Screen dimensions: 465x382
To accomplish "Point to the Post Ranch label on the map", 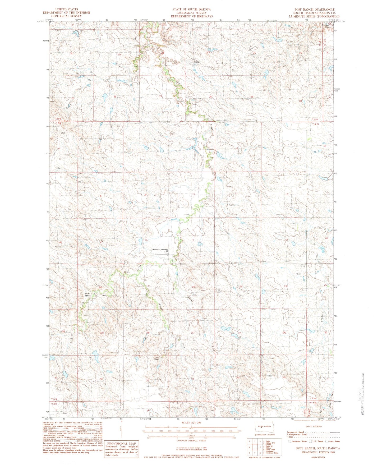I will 157,359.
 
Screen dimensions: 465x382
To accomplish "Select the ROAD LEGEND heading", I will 314,426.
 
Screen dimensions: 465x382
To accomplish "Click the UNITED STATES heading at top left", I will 66,9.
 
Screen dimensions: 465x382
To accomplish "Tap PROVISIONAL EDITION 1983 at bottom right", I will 318,452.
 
